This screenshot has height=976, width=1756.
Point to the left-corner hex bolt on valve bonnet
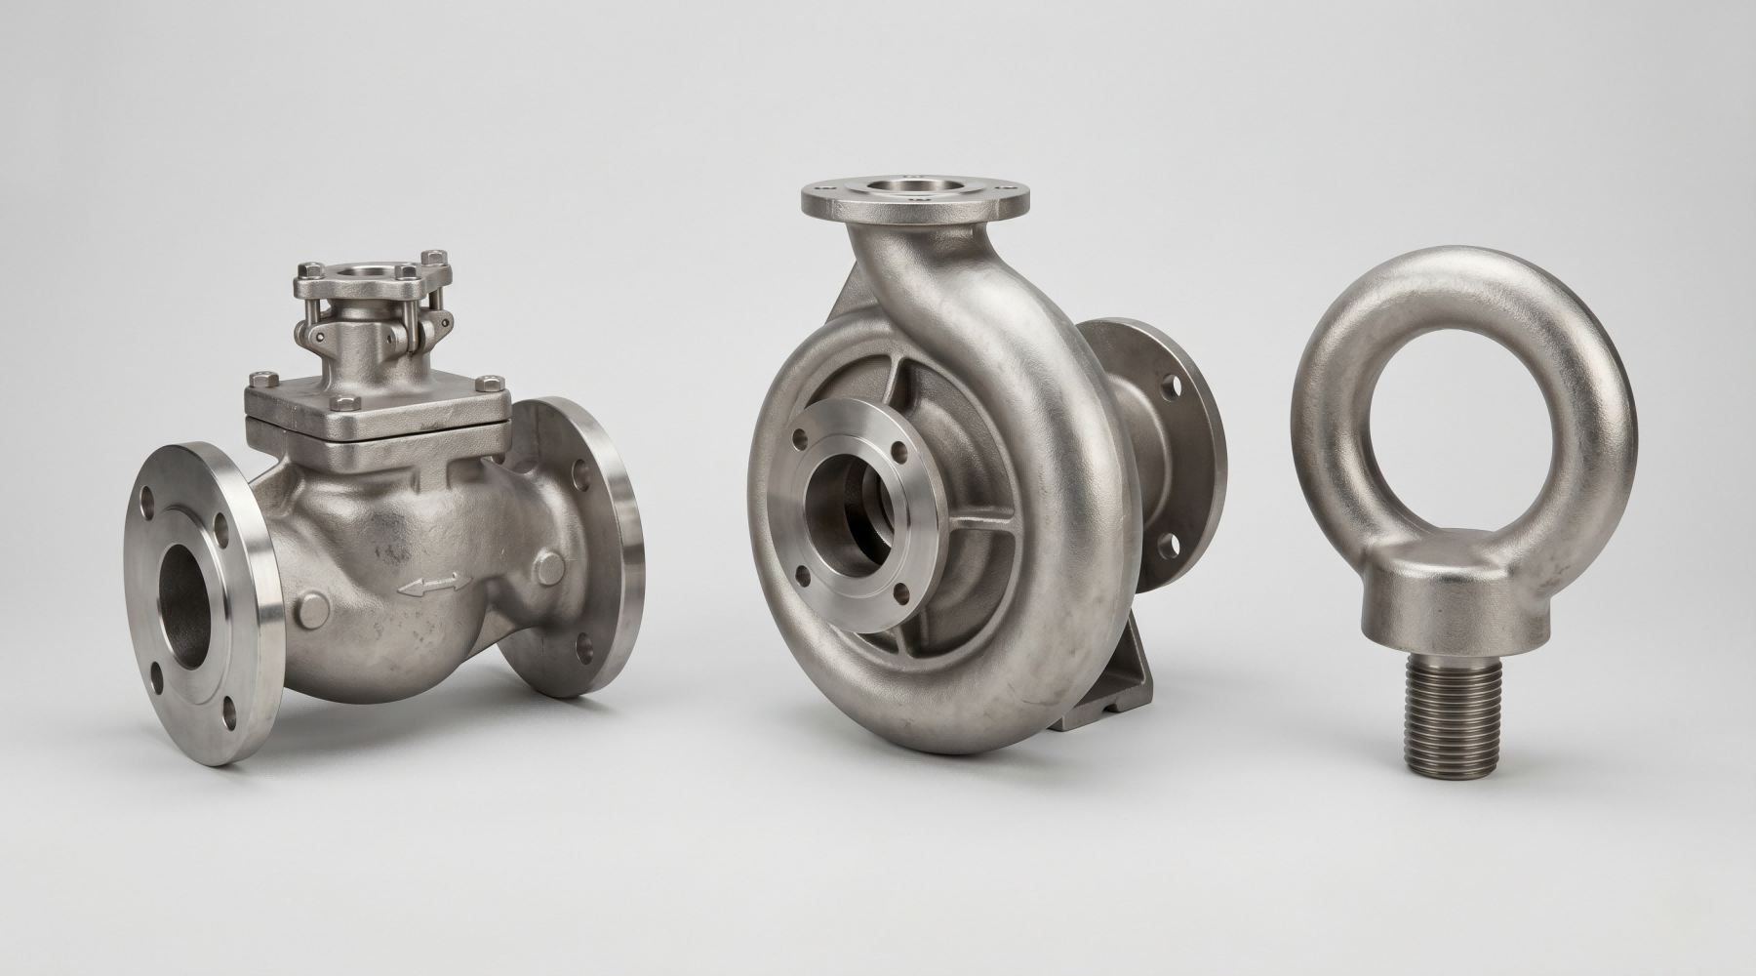click(259, 378)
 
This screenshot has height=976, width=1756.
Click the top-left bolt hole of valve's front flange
click(149, 509)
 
